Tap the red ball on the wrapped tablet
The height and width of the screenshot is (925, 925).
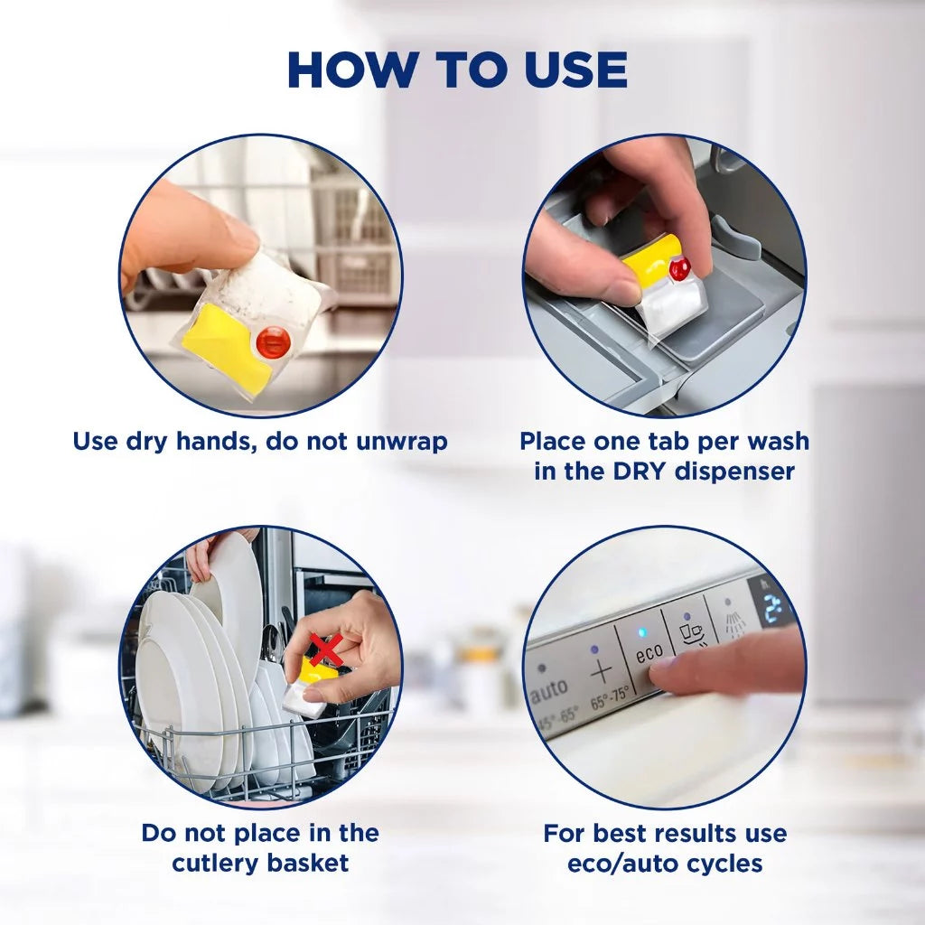point(273,341)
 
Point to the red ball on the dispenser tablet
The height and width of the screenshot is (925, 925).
point(679,266)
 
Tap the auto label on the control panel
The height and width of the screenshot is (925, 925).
point(549,692)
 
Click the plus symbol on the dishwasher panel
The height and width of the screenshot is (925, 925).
point(601,670)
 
